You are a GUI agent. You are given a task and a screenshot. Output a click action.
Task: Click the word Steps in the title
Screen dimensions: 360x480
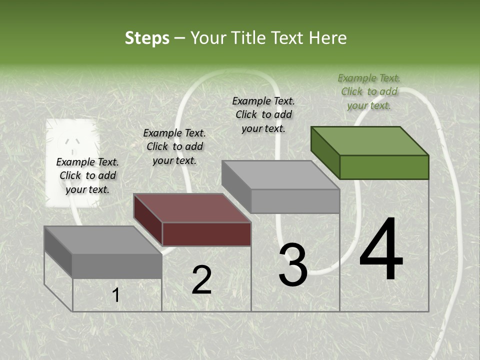point(147,38)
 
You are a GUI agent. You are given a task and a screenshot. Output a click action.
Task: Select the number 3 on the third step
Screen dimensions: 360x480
point(293,265)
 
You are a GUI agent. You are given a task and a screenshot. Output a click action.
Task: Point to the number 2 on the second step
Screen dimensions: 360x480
point(201,280)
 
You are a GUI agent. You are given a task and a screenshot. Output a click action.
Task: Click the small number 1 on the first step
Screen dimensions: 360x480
point(116,295)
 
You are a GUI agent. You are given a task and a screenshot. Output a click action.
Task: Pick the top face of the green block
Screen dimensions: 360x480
point(369,140)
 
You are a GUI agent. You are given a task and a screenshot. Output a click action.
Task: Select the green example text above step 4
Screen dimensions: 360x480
point(369,91)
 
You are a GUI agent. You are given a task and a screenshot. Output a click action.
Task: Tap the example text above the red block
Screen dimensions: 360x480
point(174,146)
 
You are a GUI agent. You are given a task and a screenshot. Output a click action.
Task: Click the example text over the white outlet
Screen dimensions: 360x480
point(87,175)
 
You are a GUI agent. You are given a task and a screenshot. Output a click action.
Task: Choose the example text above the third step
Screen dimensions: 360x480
point(263,114)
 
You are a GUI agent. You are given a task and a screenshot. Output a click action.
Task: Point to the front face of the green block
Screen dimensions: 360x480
point(384,167)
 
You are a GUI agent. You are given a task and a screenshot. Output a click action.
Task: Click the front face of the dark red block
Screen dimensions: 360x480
point(206,234)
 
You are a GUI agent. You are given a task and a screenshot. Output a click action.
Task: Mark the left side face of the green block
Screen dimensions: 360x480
point(325,152)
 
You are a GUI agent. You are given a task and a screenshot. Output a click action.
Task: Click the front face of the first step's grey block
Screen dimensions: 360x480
point(117,266)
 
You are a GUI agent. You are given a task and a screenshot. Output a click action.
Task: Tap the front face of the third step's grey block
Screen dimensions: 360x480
point(295,201)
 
